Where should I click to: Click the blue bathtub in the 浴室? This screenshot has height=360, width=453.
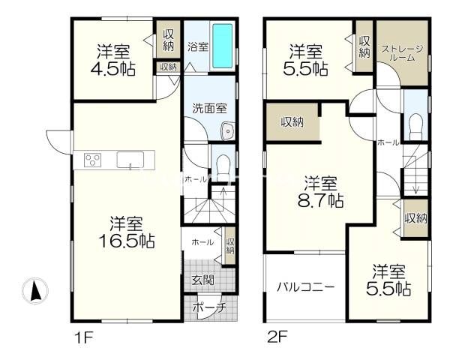point(223,46)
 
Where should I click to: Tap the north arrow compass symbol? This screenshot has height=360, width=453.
point(35,291)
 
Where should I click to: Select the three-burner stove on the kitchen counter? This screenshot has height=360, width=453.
point(92,160)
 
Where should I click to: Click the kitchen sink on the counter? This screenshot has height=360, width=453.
point(130,160)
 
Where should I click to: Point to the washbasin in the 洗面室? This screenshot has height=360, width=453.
point(228,131)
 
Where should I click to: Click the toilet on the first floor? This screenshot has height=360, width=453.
point(223,167)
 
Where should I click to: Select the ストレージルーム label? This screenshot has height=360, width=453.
point(402,52)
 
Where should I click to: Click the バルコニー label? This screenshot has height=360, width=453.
point(306,287)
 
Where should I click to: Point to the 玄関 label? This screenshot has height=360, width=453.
point(203,280)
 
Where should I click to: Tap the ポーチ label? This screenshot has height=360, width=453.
point(210,307)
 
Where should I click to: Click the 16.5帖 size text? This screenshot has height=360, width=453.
point(127,241)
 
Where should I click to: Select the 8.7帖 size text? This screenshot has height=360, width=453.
point(320,200)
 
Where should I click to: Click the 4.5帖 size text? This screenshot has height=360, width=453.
point(113,69)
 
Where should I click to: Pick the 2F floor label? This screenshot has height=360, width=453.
point(277,337)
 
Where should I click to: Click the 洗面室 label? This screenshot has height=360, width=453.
point(210,108)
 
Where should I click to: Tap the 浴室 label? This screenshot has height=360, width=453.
point(198,46)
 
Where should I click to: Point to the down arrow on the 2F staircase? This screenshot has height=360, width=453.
point(415,178)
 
